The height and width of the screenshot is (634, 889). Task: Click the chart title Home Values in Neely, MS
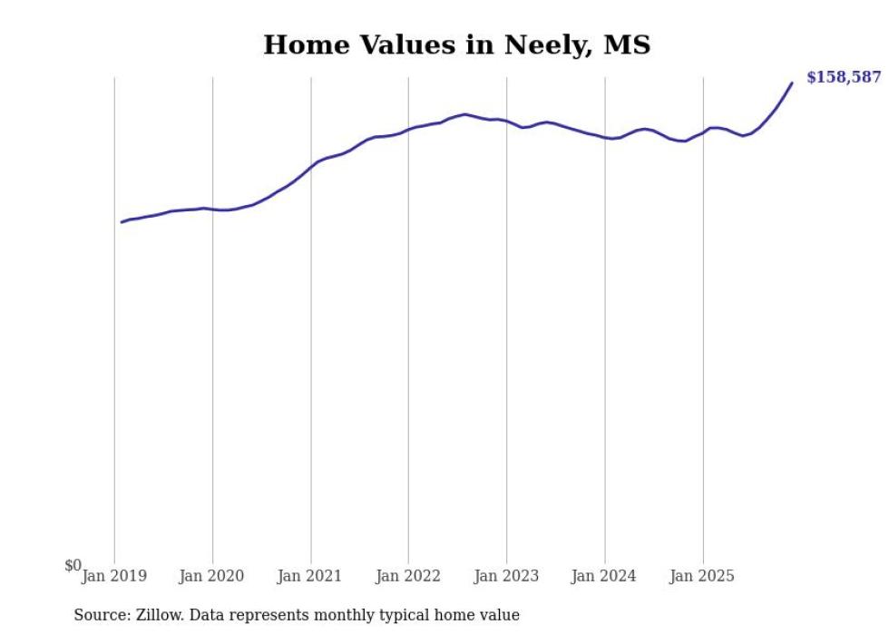(x=456, y=44)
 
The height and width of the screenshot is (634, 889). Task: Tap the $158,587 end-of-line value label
(x=843, y=77)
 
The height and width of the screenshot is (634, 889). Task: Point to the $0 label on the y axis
(x=73, y=566)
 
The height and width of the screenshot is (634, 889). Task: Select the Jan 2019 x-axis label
(x=114, y=576)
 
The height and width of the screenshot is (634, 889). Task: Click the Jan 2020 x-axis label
(x=212, y=576)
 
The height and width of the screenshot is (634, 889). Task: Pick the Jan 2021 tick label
(x=310, y=576)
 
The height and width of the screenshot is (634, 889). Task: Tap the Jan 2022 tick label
(x=408, y=576)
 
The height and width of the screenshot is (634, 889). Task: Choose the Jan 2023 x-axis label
(x=506, y=576)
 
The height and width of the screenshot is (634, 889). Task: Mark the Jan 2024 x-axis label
(x=604, y=576)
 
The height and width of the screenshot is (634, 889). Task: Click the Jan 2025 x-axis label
(x=702, y=576)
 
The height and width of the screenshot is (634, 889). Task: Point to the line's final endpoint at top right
(x=792, y=83)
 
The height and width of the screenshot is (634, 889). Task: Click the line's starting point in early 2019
(x=122, y=222)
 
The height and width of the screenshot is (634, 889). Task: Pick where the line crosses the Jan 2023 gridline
(x=506, y=122)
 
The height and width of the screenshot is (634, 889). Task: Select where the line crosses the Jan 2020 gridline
(x=212, y=210)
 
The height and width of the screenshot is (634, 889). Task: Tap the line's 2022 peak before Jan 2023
(x=464, y=114)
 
